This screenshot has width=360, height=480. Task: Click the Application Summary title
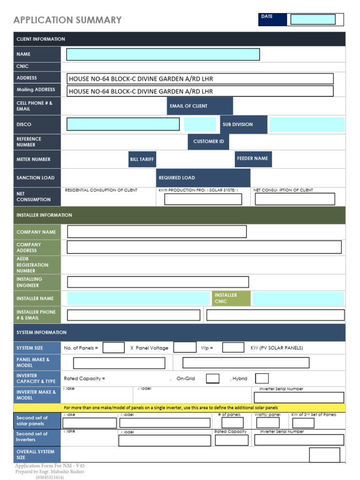[67, 20]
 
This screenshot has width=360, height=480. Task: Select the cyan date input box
[313, 19]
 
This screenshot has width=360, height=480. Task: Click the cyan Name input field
[163, 54]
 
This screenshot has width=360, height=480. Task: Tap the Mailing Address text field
[200, 91]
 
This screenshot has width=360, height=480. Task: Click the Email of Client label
[200, 106]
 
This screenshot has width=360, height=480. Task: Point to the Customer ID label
[209, 142]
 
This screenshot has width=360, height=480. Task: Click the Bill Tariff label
[142, 159]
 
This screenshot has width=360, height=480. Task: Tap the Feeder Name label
[253, 159]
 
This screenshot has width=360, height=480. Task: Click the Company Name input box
[157, 232]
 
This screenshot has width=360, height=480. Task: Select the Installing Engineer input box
[158, 282]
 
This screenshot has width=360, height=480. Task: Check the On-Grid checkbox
[212, 378]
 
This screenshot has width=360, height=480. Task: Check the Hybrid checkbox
[262, 378]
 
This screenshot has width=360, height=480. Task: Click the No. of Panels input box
[113, 348]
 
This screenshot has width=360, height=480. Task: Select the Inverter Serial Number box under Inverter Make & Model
[299, 398]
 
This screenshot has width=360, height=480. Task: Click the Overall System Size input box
[324, 455]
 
